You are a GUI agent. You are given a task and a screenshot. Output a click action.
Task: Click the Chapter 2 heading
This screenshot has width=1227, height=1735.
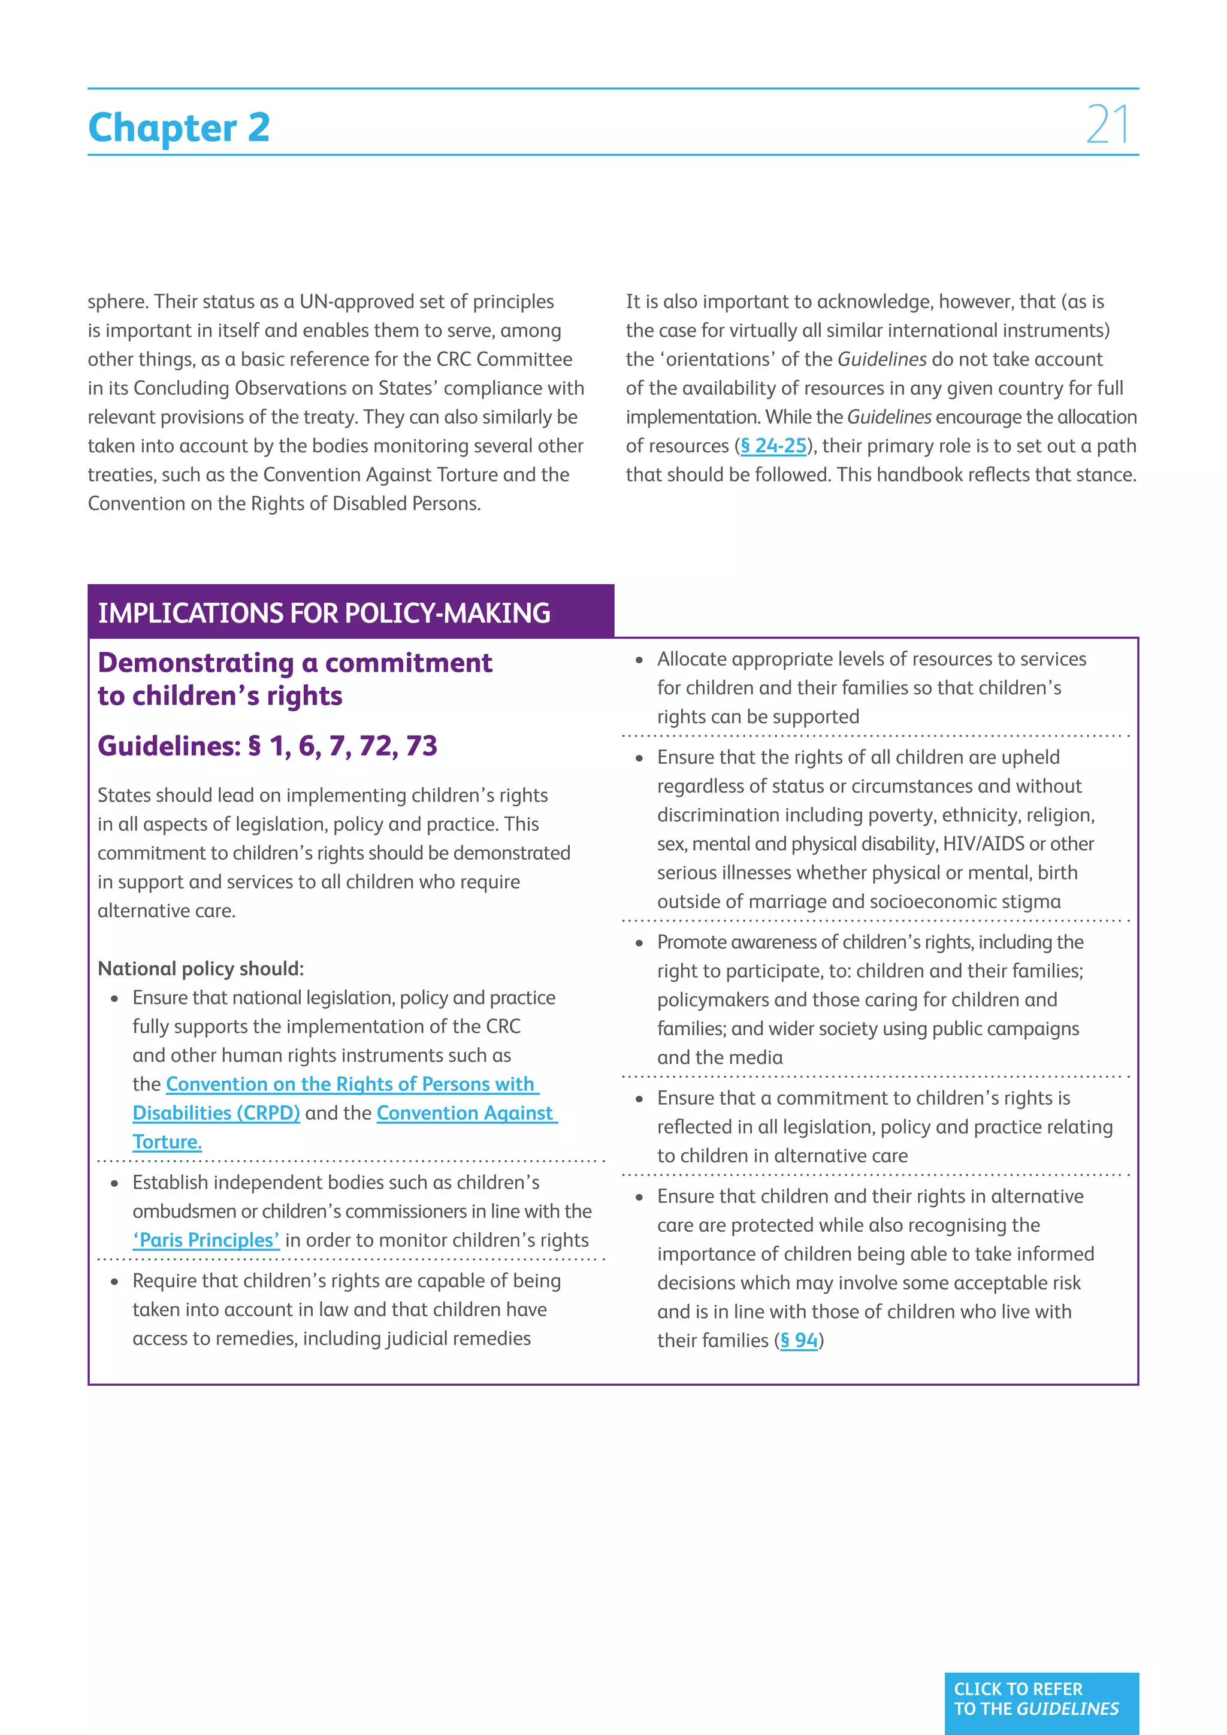[179, 127]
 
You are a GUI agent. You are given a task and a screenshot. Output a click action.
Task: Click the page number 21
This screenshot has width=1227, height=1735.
[1108, 125]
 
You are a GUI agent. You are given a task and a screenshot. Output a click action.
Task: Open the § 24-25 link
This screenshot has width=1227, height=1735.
[773, 446]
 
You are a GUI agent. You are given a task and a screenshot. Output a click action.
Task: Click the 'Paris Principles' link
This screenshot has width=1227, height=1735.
[206, 1240]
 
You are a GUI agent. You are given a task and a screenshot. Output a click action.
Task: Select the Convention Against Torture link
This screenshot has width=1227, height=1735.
[466, 1113]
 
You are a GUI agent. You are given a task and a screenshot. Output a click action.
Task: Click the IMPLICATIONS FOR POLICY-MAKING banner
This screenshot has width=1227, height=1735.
[324, 613]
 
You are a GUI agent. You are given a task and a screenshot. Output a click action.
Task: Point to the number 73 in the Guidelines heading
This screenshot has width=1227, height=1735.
[421, 746]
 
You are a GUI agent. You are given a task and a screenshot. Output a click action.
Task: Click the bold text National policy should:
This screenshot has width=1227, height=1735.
[200, 969]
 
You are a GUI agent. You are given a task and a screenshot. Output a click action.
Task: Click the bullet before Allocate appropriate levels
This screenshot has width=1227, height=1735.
[639, 660]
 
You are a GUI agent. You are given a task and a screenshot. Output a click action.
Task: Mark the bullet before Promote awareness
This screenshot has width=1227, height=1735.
[639, 943]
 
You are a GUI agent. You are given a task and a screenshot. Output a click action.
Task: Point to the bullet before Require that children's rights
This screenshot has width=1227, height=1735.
[115, 1281]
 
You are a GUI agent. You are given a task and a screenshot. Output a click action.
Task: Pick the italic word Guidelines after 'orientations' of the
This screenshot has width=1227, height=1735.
[882, 359]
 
